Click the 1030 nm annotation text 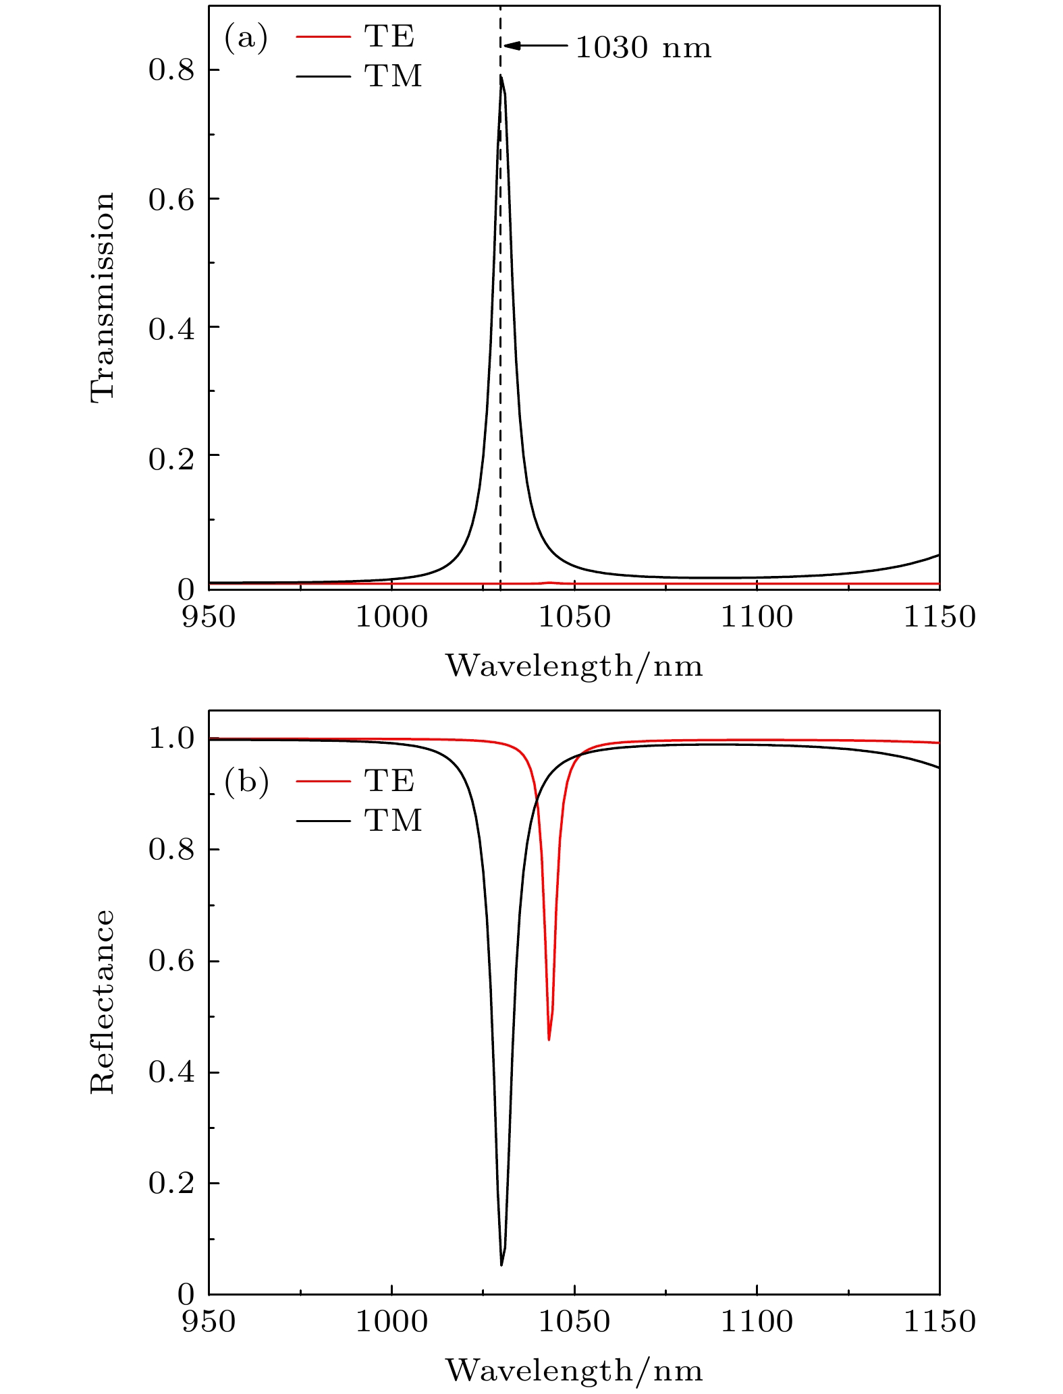[643, 48]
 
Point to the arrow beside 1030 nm [536, 46]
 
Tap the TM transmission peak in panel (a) [501, 76]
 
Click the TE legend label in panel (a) [389, 36]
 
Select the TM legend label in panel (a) [393, 76]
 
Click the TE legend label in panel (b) [389, 780]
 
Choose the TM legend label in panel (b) [393, 820]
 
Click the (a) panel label [246, 38]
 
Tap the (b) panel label [246, 782]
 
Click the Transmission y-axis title [103, 297]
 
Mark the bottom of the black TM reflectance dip [501, 1265]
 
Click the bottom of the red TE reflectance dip [549, 1039]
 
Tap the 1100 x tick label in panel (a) [757, 617]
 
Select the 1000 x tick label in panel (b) [391, 1321]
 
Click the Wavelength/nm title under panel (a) [574, 666]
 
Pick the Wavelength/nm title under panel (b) [574, 1370]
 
